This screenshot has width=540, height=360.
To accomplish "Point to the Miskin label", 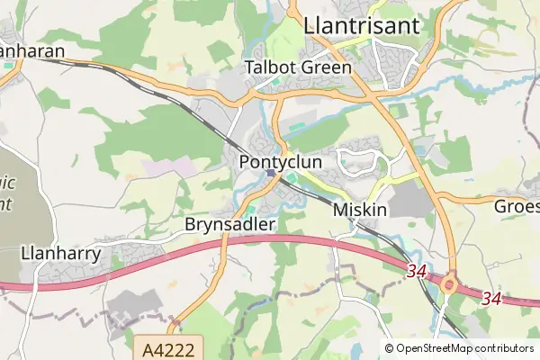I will point(360,209).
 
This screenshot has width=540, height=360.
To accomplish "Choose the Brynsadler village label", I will point(229,223).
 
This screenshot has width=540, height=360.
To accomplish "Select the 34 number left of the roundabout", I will point(415,271).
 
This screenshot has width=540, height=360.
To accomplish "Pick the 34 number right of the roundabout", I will point(490,297).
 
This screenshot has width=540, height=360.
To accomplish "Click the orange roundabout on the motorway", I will point(450,285).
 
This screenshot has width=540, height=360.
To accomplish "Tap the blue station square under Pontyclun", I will point(271,173).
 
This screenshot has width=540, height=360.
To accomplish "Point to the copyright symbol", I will point(389,347).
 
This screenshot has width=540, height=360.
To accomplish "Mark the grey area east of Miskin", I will point(415,198).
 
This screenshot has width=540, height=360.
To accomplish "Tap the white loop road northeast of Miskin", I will point(355,162).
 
